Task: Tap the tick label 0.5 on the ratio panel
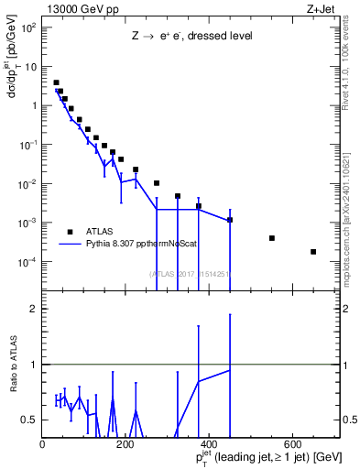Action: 31,420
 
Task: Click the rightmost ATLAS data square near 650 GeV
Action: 313,252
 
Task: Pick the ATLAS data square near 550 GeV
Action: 272,238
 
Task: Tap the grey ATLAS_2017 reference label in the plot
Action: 192,274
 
